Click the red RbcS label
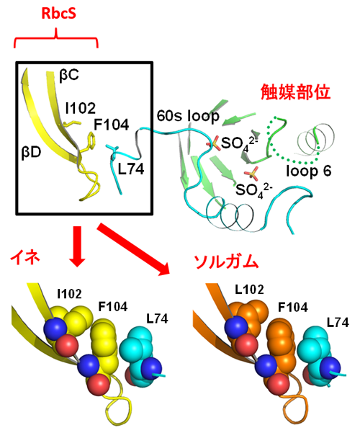(58, 14)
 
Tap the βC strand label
(68, 76)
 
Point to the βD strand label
(31, 152)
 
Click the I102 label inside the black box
(81, 108)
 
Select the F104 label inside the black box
(111, 125)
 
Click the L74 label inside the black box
(131, 169)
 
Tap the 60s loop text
(188, 116)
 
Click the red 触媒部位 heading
(295, 92)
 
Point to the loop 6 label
(309, 171)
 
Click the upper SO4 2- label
(239, 143)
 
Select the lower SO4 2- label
(253, 190)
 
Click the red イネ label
(25, 257)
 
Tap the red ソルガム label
(226, 262)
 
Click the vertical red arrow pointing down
(77, 246)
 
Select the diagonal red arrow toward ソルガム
(133, 249)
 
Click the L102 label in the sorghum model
(249, 290)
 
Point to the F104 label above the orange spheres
(293, 308)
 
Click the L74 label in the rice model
(157, 318)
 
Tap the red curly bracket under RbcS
(56, 38)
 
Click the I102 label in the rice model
(69, 294)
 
